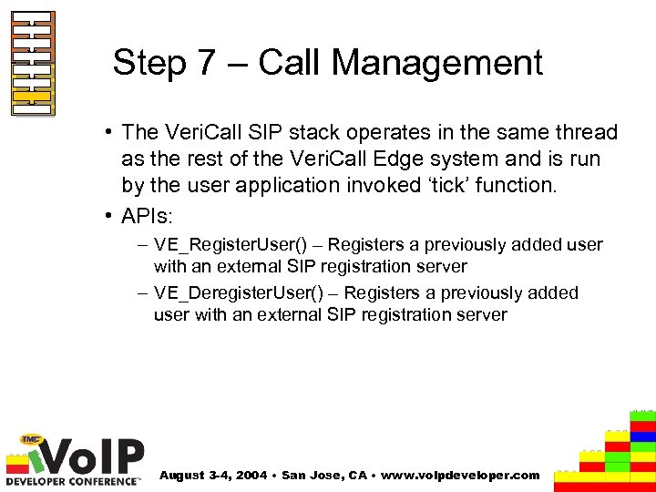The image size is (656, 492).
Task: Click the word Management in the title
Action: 436,63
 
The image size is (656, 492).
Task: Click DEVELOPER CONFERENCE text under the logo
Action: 73,479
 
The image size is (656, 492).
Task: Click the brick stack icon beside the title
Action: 33,64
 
